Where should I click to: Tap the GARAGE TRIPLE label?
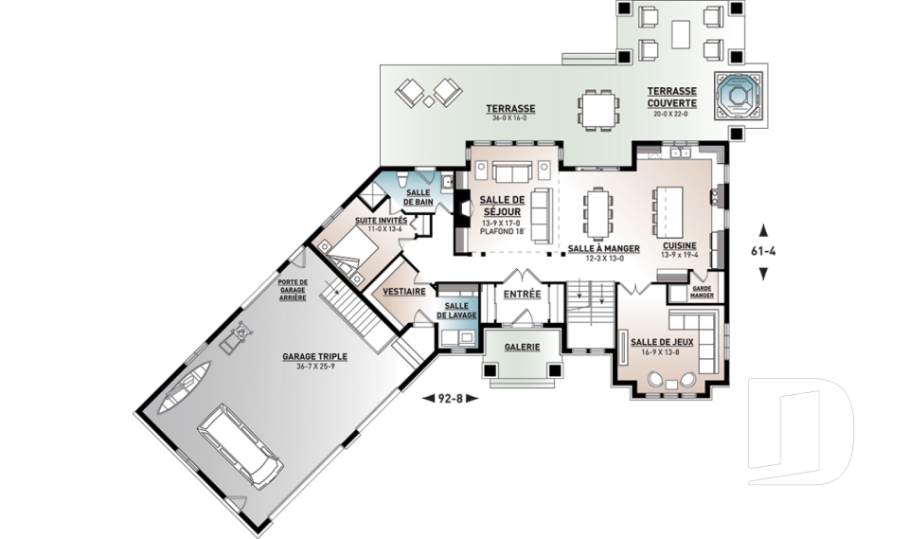point(314,357)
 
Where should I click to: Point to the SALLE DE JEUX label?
point(662,342)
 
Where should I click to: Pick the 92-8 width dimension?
point(451,398)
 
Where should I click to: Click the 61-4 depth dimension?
point(763,251)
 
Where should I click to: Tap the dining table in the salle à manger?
point(597,213)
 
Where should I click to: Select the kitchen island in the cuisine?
point(669,211)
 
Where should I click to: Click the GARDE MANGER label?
point(702,292)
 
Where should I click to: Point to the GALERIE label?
point(522,347)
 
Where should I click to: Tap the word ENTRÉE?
point(522,295)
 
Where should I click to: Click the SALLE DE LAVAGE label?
point(456,311)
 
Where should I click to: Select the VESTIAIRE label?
point(404,291)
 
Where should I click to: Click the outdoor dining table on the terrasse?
point(598,110)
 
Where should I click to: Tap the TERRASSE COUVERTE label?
point(671,97)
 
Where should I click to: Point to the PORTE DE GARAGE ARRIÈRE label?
point(293,290)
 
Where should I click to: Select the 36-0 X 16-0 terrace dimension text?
point(510,117)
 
